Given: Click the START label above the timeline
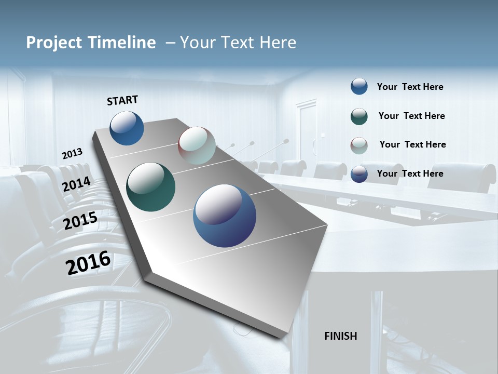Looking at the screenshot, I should pos(122,100).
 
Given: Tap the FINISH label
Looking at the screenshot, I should pos(341,336).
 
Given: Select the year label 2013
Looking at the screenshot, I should pos(72,154).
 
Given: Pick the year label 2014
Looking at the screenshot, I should pos(77,184).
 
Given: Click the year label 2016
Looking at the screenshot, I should pos(88,263).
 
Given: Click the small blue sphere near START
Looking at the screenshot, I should pos(127,128).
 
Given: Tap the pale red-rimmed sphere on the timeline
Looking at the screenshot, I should pos(197,145).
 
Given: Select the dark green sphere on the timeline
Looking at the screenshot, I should pos(150,187).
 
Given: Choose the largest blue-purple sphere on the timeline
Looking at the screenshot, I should pos(225,216).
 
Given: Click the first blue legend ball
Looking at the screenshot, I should pos(359,86).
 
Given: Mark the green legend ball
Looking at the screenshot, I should pos(359,116).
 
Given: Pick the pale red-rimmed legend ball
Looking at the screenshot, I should pos(359,145).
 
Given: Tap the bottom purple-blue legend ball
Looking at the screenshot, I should pos(359,174).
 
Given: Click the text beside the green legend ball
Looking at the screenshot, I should pos(411,116).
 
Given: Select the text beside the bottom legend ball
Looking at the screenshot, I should pos(410,173).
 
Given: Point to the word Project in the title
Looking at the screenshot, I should pos(54,43).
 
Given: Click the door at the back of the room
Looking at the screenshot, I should pos(306,130).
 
